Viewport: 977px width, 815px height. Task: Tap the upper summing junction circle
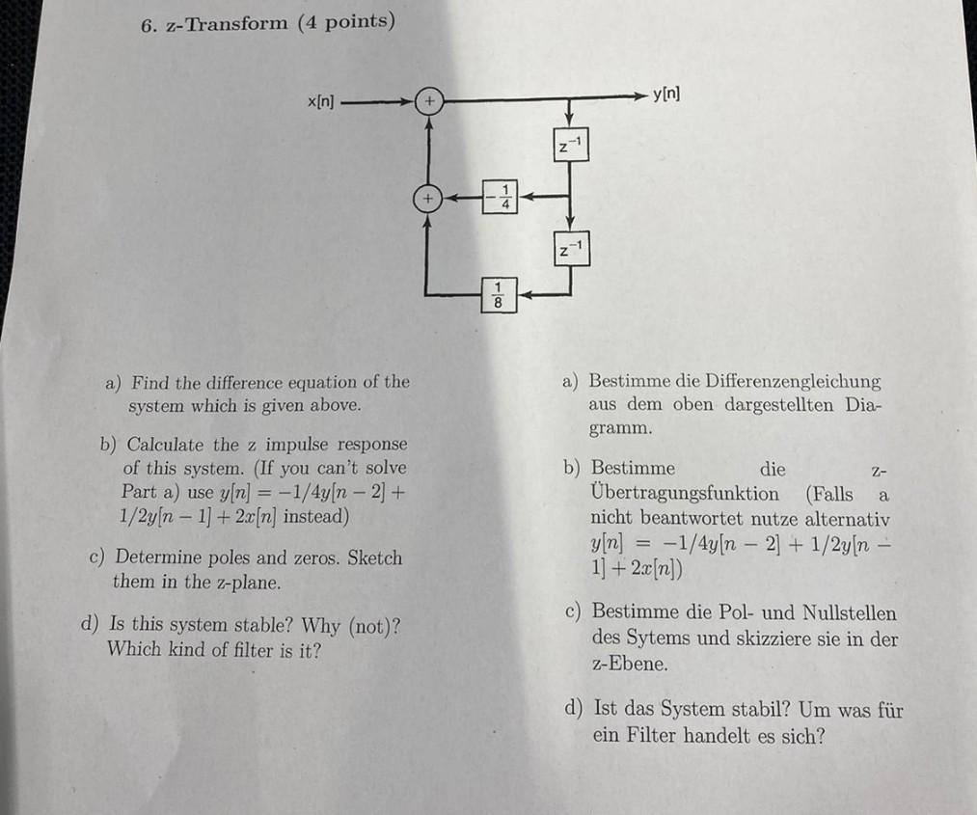[428, 99]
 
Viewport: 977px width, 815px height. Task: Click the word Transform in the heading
[235, 23]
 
